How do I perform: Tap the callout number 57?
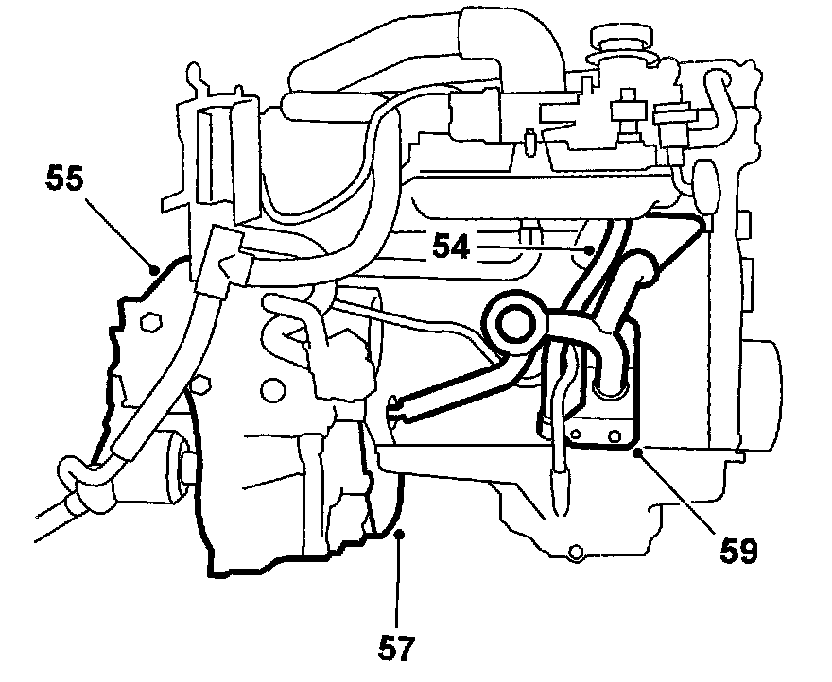[399, 649]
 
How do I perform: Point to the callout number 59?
[737, 550]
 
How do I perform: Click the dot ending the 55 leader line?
[154, 269]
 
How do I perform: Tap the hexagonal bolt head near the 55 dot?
[146, 324]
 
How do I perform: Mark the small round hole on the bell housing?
[274, 387]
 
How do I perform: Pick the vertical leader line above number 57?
[399, 586]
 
